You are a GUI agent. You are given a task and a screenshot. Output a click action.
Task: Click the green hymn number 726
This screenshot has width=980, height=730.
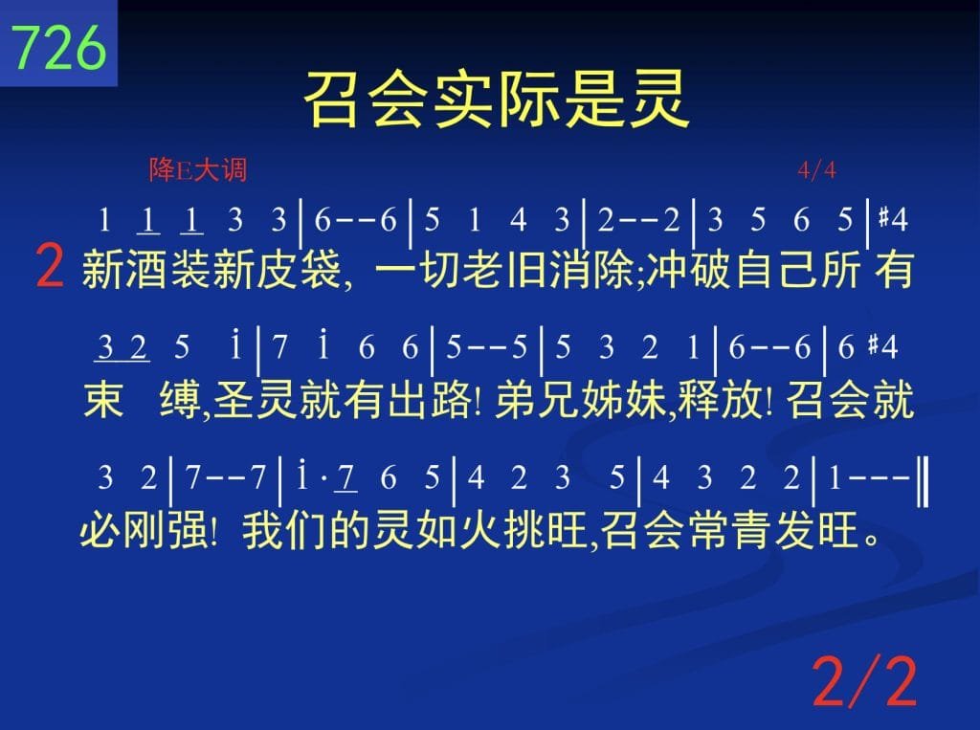tap(58, 48)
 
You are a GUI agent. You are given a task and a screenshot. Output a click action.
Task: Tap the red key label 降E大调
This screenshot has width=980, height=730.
tap(198, 169)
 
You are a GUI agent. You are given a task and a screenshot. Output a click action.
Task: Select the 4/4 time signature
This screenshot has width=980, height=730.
tap(817, 169)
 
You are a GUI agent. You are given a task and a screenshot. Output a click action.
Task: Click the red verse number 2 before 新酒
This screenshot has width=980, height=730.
tap(50, 266)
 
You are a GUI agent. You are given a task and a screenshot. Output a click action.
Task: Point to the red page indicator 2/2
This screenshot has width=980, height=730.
tap(864, 681)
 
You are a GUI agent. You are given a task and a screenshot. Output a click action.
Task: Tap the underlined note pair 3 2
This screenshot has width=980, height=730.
tap(122, 347)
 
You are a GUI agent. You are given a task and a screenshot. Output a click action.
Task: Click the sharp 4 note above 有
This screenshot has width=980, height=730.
tap(893, 219)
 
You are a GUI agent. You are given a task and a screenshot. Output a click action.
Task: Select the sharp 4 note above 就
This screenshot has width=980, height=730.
tap(883, 346)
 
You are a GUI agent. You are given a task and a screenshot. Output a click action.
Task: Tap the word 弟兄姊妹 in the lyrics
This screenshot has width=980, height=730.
tap(581, 399)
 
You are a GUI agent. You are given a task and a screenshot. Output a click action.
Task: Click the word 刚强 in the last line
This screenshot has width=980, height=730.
tap(165, 531)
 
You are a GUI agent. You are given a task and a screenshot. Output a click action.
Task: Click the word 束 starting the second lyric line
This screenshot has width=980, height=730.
tap(103, 399)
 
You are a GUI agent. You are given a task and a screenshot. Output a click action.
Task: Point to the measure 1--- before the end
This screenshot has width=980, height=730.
tap(868, 478)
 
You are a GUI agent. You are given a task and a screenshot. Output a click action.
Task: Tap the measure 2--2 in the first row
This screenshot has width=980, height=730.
tap(638, 220)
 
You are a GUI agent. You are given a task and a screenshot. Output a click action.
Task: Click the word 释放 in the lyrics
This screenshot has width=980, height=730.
tap(720, 399)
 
